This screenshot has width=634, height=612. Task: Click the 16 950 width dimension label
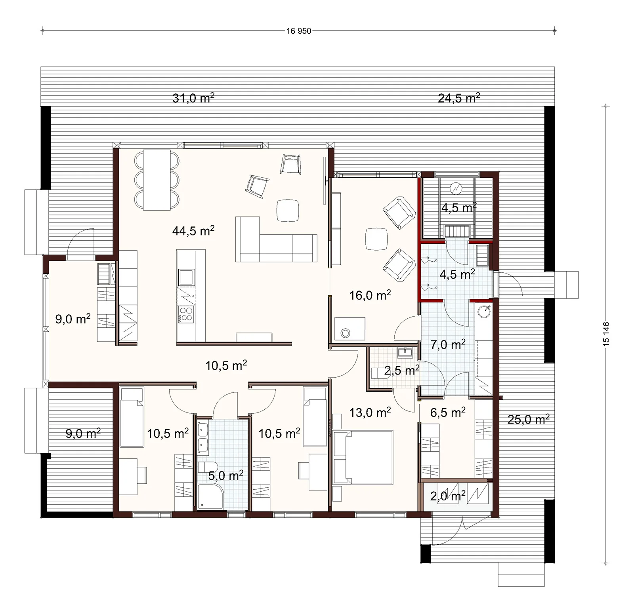coord(299,31)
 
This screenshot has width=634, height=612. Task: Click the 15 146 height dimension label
coord(606,335)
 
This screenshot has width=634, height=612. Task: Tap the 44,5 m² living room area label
coord(193,230)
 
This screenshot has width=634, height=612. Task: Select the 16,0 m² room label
coord(370,295)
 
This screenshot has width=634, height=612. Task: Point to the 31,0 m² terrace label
coord(193,98)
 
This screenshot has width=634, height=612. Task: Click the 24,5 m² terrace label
coord(459,98)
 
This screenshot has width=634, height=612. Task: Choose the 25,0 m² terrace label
coord(528,419)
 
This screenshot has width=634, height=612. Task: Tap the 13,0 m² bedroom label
coord(370,412)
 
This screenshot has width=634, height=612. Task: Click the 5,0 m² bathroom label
coord(225,475)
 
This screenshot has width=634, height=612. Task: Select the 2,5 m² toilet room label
coord(402,371)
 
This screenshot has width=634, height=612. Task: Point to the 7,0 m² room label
coord(448,344)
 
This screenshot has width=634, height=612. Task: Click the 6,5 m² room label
coord(448,412)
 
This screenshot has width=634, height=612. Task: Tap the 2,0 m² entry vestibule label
coord(448,496)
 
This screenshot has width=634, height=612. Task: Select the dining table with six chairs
coord(157,180)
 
